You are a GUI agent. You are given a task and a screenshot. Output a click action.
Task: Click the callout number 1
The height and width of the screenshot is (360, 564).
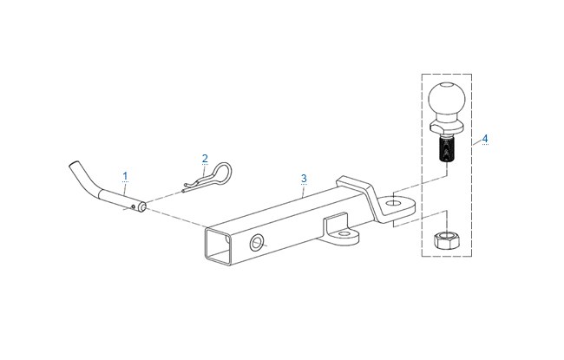point(125,176)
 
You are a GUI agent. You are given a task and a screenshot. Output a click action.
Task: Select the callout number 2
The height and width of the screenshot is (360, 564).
point(205,158)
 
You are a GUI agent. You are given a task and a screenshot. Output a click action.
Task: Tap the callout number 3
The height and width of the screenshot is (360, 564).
point(304,179)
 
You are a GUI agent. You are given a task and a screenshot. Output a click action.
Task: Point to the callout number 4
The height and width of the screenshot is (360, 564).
point(485,138)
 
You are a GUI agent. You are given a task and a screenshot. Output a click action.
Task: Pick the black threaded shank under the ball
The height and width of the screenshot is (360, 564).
point(446,149)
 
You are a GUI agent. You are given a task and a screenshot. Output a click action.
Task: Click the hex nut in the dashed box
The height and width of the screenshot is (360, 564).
point(446,240)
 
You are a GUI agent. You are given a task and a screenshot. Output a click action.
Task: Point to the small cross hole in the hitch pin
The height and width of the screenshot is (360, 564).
point(134,206)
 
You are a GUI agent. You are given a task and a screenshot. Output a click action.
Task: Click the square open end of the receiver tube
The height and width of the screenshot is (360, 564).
point(217,246)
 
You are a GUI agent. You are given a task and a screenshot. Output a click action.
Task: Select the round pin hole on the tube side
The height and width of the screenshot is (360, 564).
point(257,243)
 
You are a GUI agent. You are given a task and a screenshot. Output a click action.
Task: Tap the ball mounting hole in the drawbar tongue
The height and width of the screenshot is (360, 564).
point(393,202)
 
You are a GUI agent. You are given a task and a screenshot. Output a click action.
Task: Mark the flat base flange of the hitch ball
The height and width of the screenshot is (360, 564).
point(446,127)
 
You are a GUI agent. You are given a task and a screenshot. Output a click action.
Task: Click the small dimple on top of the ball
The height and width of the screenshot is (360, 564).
point(446,85)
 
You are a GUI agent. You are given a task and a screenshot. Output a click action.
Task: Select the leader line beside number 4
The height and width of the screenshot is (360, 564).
point(476,143)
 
